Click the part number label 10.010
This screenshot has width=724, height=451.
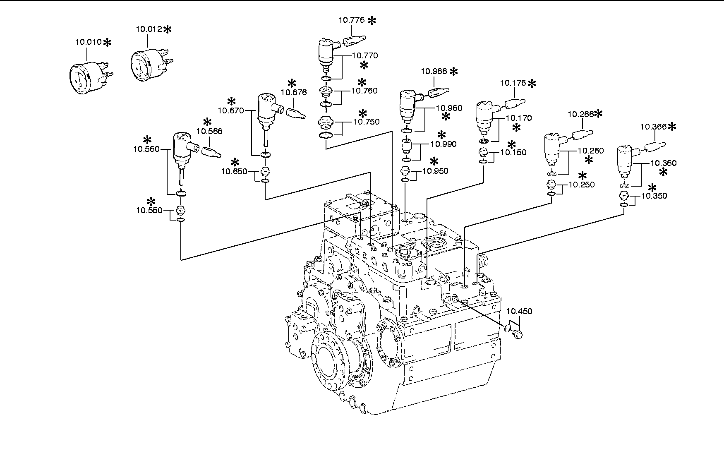[88, 42]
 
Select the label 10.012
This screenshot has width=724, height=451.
[149, 29]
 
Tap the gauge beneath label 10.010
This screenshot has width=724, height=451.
[90, 77]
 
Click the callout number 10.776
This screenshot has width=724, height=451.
[352, 20]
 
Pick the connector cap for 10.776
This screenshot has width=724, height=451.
[355, 41]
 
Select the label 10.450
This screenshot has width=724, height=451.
[519, 311]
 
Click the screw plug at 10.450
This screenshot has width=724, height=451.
[517, 333]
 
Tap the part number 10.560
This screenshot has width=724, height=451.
[146, 149]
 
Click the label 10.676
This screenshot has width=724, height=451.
[294, 92]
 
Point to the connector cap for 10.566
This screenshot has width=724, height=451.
[211, 152]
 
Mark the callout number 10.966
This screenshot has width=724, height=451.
[434, 71]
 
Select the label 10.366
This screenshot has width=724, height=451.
[653, 127]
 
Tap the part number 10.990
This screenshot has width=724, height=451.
[444, 144]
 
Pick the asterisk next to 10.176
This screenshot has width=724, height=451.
[532, 84]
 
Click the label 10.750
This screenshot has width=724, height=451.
[366, 122]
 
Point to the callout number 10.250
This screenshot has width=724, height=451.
[582, 185]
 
